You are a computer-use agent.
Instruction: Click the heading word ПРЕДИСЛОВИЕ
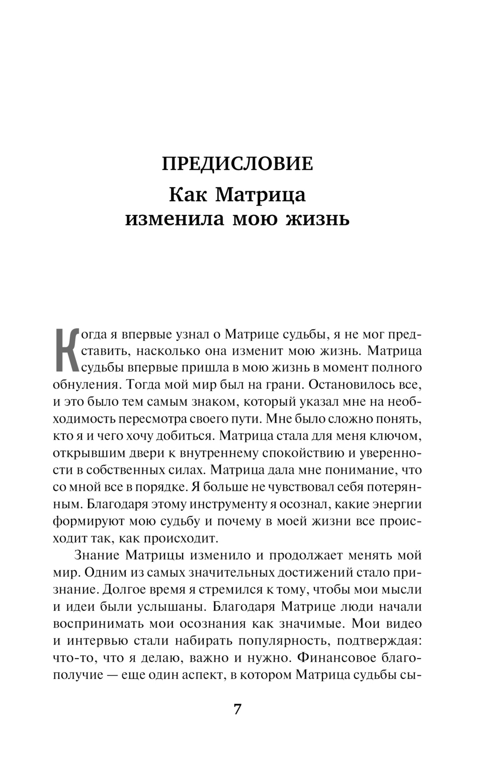click(x=237, y=165)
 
